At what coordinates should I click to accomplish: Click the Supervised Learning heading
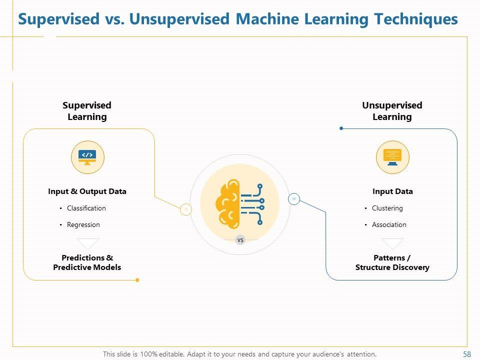pyautogui.click(x=87, y=111)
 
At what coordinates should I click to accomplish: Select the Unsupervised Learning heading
pyautogui.click(x=392, y=111)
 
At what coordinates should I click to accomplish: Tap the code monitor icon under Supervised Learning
pyautogui.click(x=87, y=157)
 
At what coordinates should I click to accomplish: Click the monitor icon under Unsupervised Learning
pyautogui.click(x=392, y=157)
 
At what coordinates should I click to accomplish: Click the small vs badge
pyautogui.click(x=240, y=240)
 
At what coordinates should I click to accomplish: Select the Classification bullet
pyautogui.click(x=86, y=208)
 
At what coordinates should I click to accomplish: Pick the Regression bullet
pyautogui.click(x=83, y=224)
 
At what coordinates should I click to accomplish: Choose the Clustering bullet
pyautogui.click(x=387, y=208)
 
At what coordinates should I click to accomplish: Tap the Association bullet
pyautogui.click(x=389, y=224)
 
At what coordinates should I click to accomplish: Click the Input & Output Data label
pyautogui.click(x=87, y=191)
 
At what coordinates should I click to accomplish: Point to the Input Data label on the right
pyautogui.click(x=392, y=191)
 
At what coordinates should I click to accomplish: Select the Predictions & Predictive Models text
pyautogui.click(x=87, y=262)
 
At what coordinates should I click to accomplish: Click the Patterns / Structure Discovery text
pyautogui.click(x=392, y=262)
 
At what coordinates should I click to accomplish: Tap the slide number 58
pyautogui.click(x=467, y=354)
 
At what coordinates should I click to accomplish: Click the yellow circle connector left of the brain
pyautogui.click(x=186, y=209)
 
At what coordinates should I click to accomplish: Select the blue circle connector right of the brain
pyautogui.click(x=294, y=199)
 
